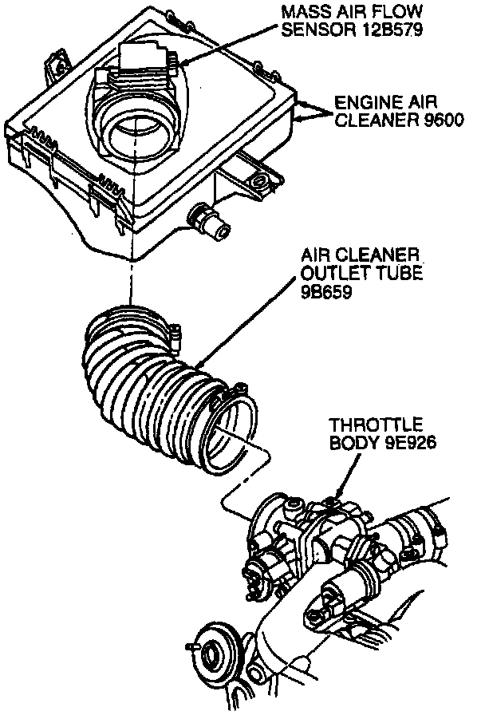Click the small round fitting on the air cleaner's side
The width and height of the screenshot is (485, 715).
click(x=209, y=223)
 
